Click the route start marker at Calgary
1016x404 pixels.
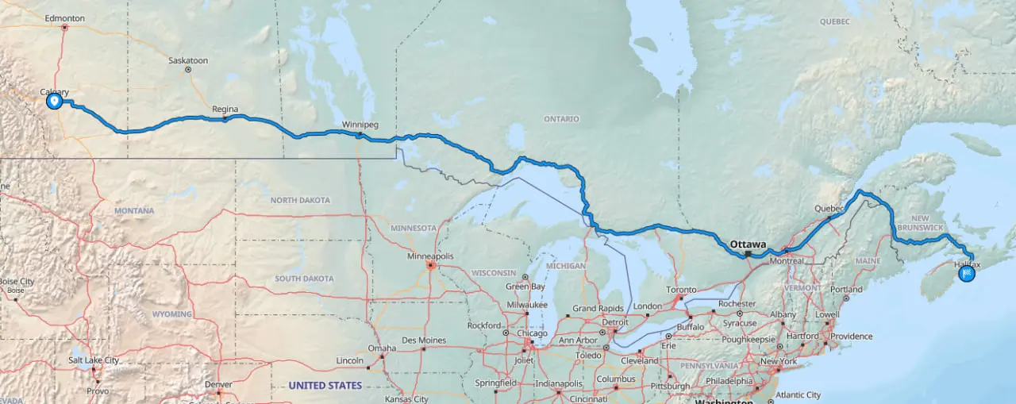pyautogui.click(x=54, y=101)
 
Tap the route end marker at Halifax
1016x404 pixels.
pyautogui.click(x=967, y=274)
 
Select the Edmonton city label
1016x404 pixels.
pyautogui.click(x=65, y=17)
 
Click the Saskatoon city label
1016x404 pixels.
pyautogui.click(x=188, y=60)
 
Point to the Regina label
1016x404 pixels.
pyautogui.click(x=225, y=110)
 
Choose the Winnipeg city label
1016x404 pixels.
pyautogui.click(x=360, y=125)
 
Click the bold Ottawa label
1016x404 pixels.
pyautogui.click(x=748, y=244)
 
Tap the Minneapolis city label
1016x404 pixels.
pyautogui.click(x=429, y=256)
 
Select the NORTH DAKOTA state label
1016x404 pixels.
pyautogui.click(x=299, y=201)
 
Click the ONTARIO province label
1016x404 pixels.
pyautogui.click(x=561, y=119)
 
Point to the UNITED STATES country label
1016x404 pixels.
pyautogui.click(x=325, y=386)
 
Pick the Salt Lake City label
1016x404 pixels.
pyautogui.click(x=94, y=360)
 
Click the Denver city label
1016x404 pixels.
pyautogui.click(x=218, y=384)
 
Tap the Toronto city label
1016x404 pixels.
pyautogui.click(x=681, y=290)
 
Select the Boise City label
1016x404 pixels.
pyautogui.click(x=16, y=281)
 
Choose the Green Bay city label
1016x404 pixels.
pyautogui.click(x=525, y=287)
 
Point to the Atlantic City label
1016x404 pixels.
pyautogui.click(x=798, y=394)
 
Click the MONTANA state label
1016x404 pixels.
pyautogui.click(x=134, y=211)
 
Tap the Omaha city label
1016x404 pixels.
pyautogui.click(x=382, y=348)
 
